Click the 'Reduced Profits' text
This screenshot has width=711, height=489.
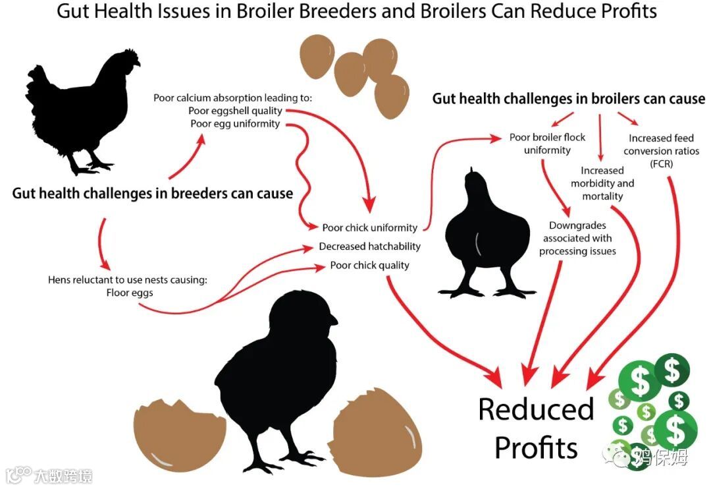(x=535, y=428)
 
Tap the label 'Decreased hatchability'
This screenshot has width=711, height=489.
(x=369, y=246)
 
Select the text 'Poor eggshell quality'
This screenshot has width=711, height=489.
(x=235, y=111)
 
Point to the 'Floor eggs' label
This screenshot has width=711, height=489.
(x=130, y=292)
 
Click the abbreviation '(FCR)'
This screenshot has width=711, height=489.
(x=661, y=163)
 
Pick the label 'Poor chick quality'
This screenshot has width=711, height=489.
(x=369, y=265)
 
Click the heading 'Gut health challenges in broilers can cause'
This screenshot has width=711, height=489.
(x=568, y=99)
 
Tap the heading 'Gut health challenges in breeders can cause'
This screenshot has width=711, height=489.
(x=152, y=194)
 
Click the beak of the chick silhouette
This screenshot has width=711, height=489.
(x=333, y=320)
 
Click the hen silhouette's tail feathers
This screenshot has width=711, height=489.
(x=38, y=86)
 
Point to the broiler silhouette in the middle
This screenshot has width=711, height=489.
(x=487, y=231)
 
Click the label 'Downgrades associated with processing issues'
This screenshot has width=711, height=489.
(x=577, y=238)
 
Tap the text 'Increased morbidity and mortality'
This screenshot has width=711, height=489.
(x=602, y=183)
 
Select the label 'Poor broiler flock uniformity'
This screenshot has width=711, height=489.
(x=547, y=144)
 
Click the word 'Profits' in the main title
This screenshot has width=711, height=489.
(x=625, y=12)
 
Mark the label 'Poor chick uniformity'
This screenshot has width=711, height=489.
(x=369, y=228)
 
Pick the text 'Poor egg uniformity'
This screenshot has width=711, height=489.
(x=235, y=123)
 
